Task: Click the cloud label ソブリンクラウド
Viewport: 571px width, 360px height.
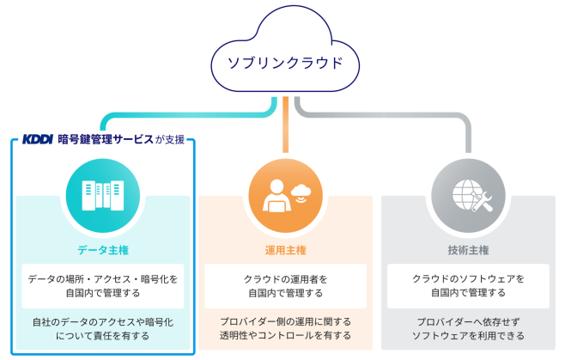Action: click(x=285, y=63)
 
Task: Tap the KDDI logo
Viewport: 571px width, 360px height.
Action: click(x=38, y=139)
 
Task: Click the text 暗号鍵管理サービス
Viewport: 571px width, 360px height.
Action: click(x=106, y=139)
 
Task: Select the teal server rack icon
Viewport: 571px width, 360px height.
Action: click(x=103, y=195)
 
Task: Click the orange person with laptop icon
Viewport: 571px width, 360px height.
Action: click(x=276, y=195)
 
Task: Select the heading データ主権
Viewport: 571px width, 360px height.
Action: click(x=103, y=250)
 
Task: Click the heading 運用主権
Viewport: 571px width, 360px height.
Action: click(x=285, y=250)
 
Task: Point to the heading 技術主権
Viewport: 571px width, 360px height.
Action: click(x=468, y=250)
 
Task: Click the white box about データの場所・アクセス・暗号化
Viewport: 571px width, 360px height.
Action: click(x=103, y=286)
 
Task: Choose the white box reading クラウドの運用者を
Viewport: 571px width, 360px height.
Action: click(x=285, y=286)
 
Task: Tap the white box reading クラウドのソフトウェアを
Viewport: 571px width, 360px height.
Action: click(x=468, y=286)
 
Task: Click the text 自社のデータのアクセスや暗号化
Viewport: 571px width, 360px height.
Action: click(x=103, y=322)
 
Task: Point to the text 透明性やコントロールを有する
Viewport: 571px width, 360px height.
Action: click(x=285, y=335)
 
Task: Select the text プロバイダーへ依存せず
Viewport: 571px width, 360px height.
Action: click(x=468, y=322)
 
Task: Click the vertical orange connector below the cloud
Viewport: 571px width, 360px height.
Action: click(x=285, y=125)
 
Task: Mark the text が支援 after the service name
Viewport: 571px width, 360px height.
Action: click(x=170, y=139)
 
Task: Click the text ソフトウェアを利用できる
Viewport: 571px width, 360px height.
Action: click(x=468, y=335)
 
